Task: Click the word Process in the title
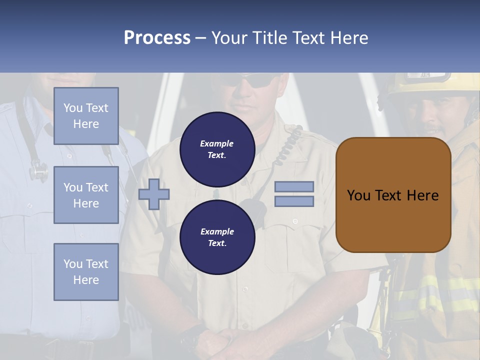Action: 157,38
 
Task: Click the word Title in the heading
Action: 271,38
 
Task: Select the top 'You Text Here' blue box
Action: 86,116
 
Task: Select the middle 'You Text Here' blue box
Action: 86,195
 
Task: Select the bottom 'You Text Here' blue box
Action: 86,272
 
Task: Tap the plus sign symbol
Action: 154,194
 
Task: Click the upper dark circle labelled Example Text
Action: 217,149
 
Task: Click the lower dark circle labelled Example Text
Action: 217,237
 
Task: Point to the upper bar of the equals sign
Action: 294,187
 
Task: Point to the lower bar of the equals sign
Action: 294,201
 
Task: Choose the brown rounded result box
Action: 393,195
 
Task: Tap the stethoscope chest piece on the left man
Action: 38,172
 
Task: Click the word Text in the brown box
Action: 393,195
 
